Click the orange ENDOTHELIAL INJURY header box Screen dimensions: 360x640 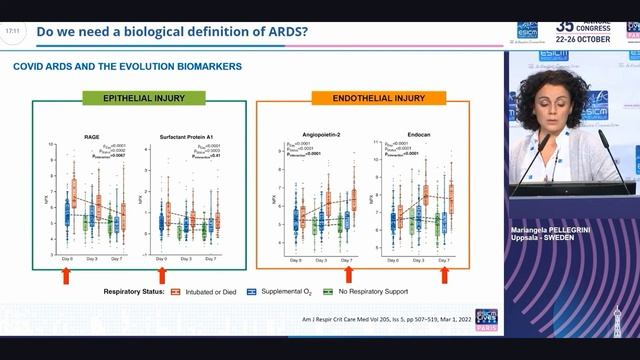click(365, 99)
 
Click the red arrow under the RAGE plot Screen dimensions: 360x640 click(67, 274)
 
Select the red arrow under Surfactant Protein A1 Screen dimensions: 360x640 click(162, 274)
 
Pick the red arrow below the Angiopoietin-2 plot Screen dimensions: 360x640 click(349, 274)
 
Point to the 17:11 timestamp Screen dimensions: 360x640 click(12, 31)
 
